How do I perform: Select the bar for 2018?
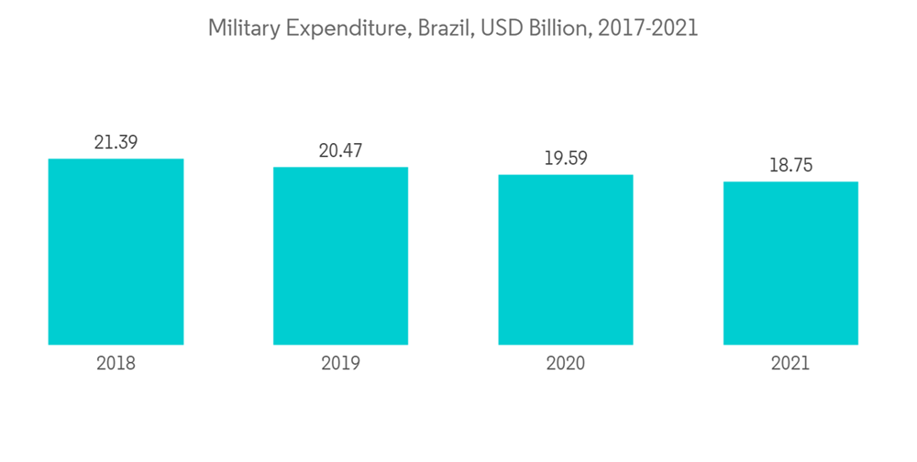click(x=116, y=252)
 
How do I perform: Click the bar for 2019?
click(x=340, y=256)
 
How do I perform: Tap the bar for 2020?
click(x=566, y=259)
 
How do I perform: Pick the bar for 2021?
click(x=790, y=263)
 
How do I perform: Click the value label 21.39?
click(x=116, y=142)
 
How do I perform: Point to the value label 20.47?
click(x=340, y=150)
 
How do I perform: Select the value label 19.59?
click(x=566, y=158)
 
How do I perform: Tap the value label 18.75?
click(x=790, y=165)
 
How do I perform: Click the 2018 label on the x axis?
click(x=116, y=363)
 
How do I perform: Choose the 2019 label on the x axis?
click(x=340, y=363)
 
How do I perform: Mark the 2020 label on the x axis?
click(x=566, y=363)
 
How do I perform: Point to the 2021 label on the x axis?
click(x=790, y=363)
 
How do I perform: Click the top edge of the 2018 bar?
click(x=116, y=159)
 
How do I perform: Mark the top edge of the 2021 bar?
click(x=790, y=182)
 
